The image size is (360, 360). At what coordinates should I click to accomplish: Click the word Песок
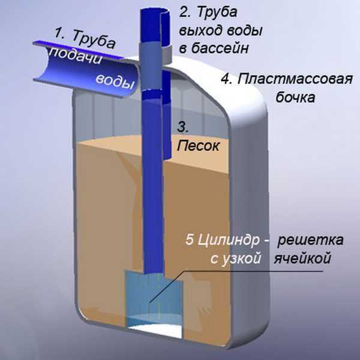point(198,146)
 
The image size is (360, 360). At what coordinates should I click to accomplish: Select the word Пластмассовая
point(295,79)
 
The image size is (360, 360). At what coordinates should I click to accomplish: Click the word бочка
point(295,97)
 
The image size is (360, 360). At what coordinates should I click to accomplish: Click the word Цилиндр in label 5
point(229,241)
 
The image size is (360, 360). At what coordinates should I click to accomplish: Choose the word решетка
point(310,240)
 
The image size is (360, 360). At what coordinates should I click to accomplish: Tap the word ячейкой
point(302,259)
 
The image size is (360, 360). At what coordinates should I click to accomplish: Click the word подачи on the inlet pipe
point(76,56)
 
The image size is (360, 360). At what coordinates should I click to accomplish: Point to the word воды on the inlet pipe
point(115,82)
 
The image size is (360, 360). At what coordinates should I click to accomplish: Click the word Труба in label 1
point(94,38)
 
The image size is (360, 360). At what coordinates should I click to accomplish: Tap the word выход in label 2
point(200,31)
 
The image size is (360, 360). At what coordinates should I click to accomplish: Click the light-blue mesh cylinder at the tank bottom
point(154,298)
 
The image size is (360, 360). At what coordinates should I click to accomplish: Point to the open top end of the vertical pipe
point(156,11)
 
